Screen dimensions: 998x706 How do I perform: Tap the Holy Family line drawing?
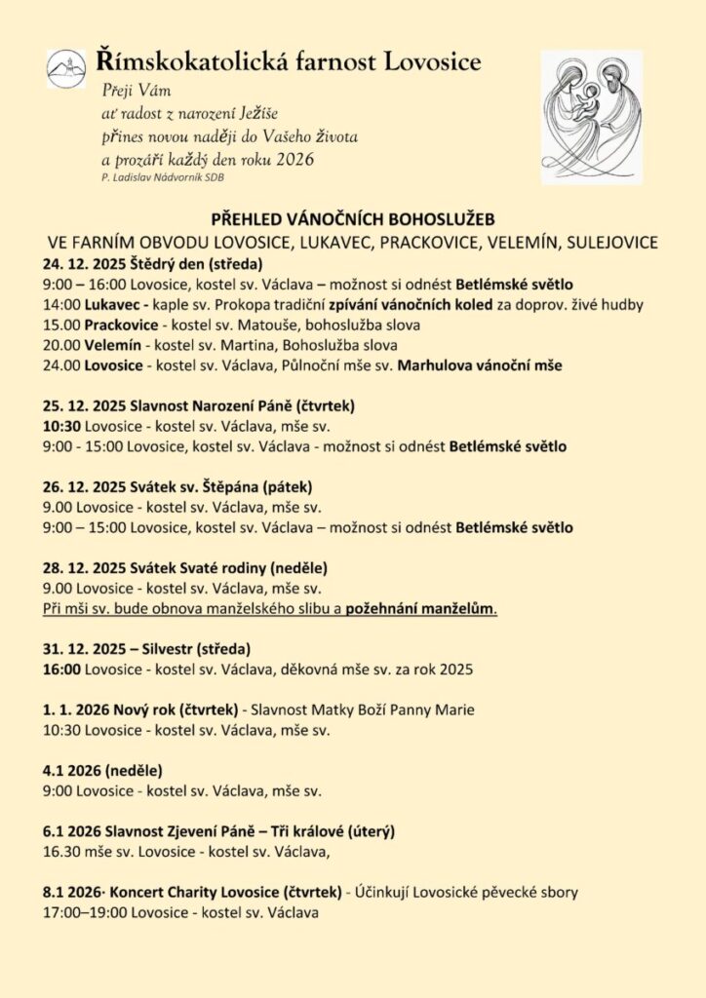tap(601, 113)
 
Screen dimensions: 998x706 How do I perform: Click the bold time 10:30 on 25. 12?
tap(61, 427)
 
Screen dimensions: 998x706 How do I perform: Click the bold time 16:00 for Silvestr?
tap(61, 670)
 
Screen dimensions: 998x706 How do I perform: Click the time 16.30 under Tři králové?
tap(62, 852)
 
